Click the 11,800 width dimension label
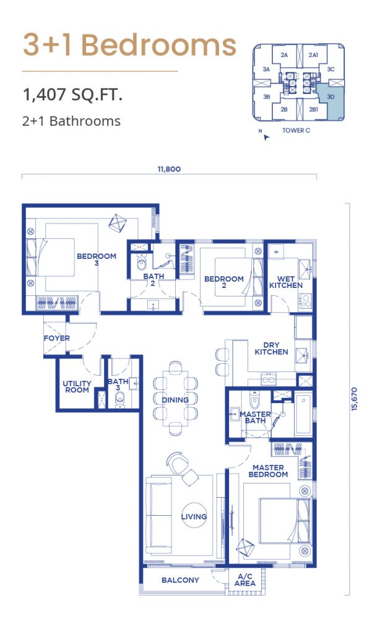tap(169, 169)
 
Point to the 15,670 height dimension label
tap(354, 399)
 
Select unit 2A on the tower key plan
tap(284, 55)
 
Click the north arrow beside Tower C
tap(266, 137)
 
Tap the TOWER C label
tap(296, 131)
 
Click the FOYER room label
tap(56, 338)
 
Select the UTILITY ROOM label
tap(77, 386)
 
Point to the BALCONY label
tap(180, 580)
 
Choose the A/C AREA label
tap(245, 580)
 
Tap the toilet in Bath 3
tap(120, 399)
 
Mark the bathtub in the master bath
tap(303, 414)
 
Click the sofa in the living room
tap(158, 515)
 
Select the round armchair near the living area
tap(177, 461)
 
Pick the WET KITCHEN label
tap(286, 282)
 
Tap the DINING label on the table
tap(175, 400)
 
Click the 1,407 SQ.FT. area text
tap(73, 95)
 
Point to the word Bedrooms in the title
tap(159, 45)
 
